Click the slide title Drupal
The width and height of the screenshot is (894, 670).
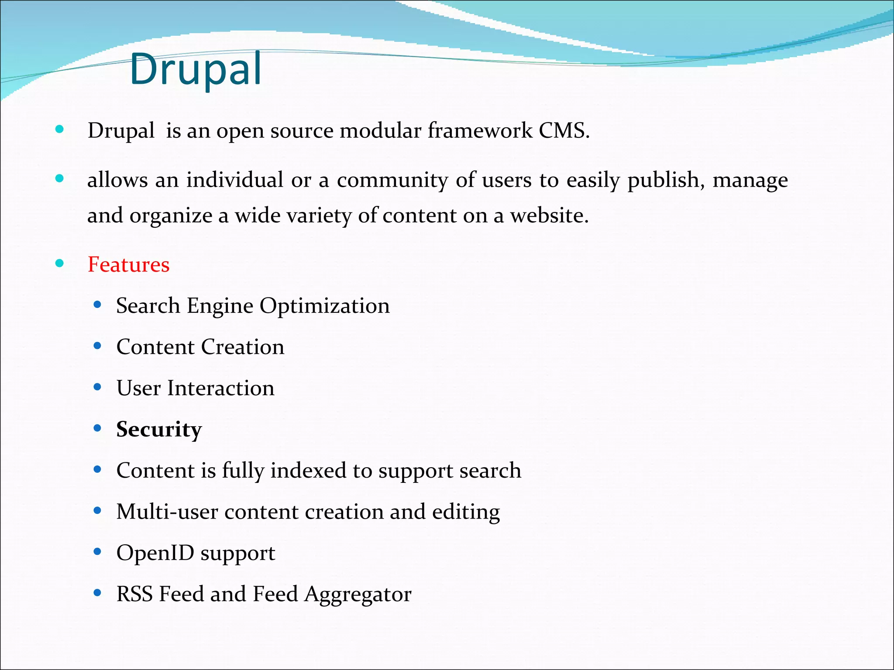(x=196, y=69)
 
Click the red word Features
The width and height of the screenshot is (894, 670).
(x=128, y=264)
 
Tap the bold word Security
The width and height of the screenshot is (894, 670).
(x=159, y=429)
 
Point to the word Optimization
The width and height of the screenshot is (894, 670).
(x=324, y=306)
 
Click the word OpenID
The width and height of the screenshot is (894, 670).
(x=155, y=553)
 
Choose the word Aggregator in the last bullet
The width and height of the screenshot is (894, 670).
(x=358, y=594)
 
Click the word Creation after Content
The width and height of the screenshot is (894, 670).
(x=242, y=347)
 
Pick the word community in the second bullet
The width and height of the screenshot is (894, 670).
(x=392, y=180)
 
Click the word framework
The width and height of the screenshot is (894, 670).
(x=480, y=130)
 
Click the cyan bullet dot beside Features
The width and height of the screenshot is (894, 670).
(x=60, y=263)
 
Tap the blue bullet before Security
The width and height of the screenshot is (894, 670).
(x=97, y=428)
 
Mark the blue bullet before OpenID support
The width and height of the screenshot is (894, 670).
(x=97, y=552)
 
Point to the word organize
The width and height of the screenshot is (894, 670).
(x=171, y=216)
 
